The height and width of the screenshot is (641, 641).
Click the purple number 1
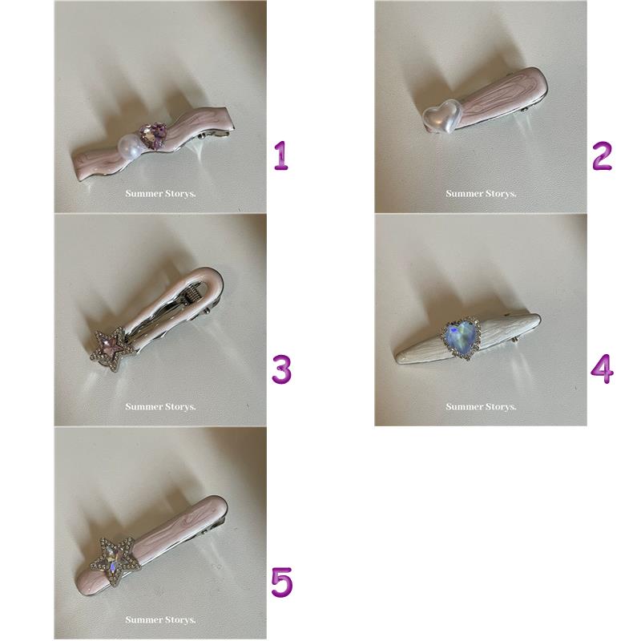click(281, 155)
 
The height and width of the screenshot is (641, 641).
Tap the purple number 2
click(603, 155)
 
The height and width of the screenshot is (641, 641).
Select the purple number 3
click(282, 369)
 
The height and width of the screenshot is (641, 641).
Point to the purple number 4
click(603, 369)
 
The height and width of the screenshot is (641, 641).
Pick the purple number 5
click(282, 583)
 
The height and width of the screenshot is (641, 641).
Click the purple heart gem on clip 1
click(154, 135)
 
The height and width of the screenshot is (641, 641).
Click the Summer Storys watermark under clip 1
click(160, 193)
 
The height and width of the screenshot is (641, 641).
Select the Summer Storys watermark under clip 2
click(481, 193)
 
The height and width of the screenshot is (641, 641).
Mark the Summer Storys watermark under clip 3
click(160, 407)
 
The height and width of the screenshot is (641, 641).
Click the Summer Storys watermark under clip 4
click(481, 407)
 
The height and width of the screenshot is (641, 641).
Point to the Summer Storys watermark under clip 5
click(160, 619)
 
